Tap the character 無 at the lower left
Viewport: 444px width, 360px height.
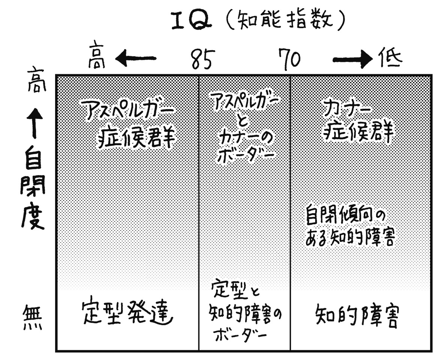pyautogui.click(x=33, y=317)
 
